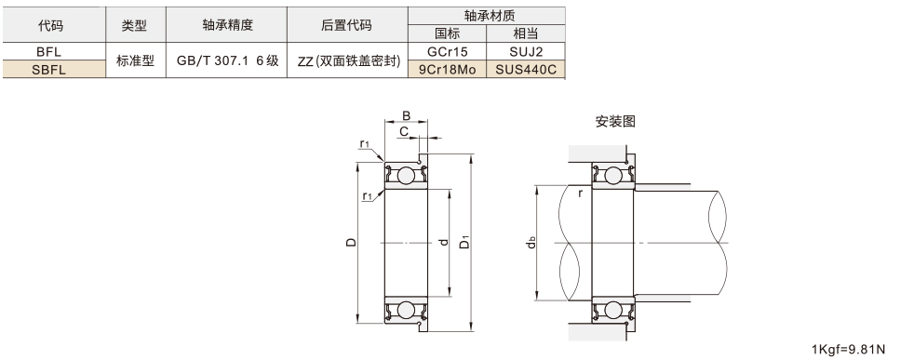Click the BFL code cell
pyautogui.click(x=48, y=51)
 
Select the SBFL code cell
pyautogui.click(x=48, y=70)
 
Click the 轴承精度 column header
pyautogui.click(x=227, y=25)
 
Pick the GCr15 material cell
pyautogui.click(x=448, y=51)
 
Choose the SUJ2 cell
pyautogui.click(x=526, y=51)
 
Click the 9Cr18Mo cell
pyautogui.click(x=447, y=70)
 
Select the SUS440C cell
pyautogui.click(x=526, y=70)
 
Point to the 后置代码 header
pyautogui.click(x=346, y=25)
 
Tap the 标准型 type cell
pyautogui.click(x=136, y=60)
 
